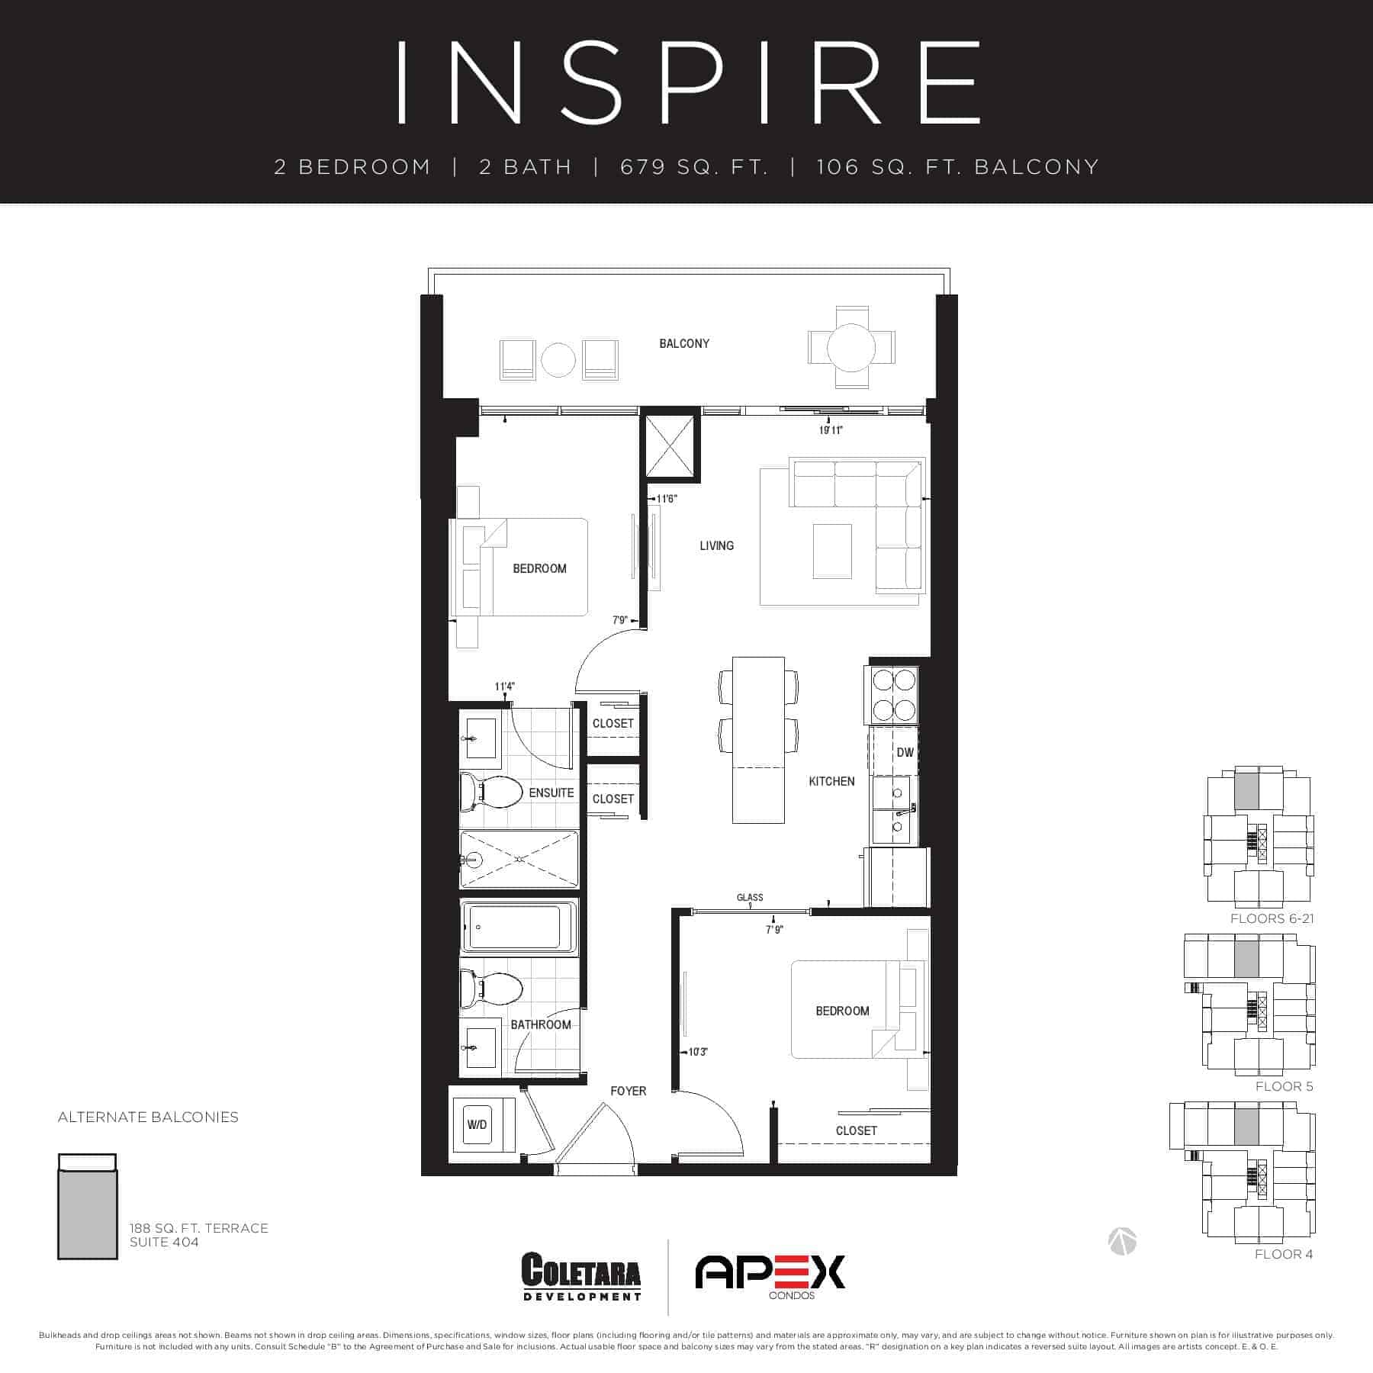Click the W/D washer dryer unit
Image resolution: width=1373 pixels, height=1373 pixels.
pos(477,1125)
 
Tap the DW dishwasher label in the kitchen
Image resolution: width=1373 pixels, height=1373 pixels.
pos(905,752)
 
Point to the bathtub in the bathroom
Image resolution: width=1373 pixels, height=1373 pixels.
pos(519,927)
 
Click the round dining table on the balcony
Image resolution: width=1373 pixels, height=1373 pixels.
pos(851,348)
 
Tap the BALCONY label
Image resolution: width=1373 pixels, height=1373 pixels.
pos(684,343)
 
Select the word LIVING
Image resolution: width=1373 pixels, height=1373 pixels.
pos(717,545)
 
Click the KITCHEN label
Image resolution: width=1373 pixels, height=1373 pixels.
pos(831,781)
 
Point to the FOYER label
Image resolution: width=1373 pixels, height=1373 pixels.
pos(628,1091)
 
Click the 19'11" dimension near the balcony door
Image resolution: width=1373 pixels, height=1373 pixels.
pos(831,430)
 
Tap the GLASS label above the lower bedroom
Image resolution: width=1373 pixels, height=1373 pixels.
pos(750,897)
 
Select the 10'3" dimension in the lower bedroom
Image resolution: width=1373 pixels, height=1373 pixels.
pos(698,1052)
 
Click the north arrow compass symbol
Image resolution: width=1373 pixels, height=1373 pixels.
pos(1122,1241)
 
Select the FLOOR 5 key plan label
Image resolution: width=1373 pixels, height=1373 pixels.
pos(1285,1086)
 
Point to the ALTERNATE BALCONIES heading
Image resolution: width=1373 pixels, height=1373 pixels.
pos(148,1117)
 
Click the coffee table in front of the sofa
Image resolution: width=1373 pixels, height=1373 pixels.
pos(832,551)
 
